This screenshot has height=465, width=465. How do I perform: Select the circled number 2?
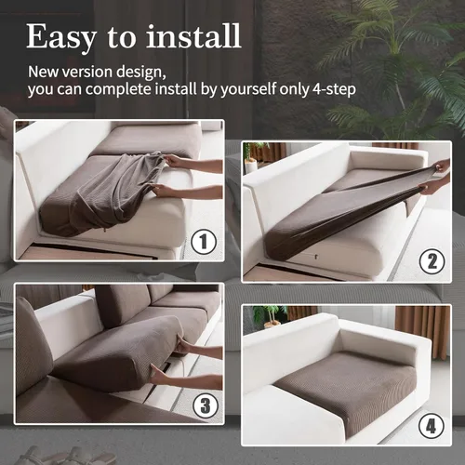(431, 261)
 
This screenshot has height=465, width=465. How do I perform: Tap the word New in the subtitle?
(45, 71)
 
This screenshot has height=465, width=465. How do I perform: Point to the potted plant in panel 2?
(251, 156)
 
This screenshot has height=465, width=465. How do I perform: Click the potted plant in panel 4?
(270, 316)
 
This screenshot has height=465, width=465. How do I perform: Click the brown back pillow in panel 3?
(122, 305)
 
